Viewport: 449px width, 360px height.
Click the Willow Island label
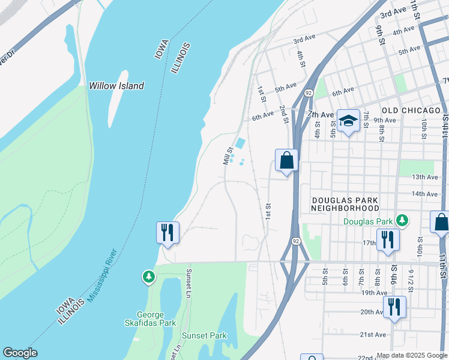(116, 86)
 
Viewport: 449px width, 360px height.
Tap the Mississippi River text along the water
(100, 275)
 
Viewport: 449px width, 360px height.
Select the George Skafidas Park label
(156, 319)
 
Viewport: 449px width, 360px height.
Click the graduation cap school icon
(348, 121)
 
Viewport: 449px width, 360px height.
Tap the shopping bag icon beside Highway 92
(286, 160)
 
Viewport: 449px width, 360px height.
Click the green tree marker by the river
(148, 277)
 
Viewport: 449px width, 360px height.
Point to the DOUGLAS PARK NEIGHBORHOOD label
(345, 203)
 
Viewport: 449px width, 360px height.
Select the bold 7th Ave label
(320, 114)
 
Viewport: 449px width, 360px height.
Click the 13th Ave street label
(425, 177)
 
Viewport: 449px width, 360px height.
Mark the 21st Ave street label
(373, 334)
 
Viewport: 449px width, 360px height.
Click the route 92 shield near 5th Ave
(308, 93)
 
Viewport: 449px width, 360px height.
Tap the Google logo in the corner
(20, 353)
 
